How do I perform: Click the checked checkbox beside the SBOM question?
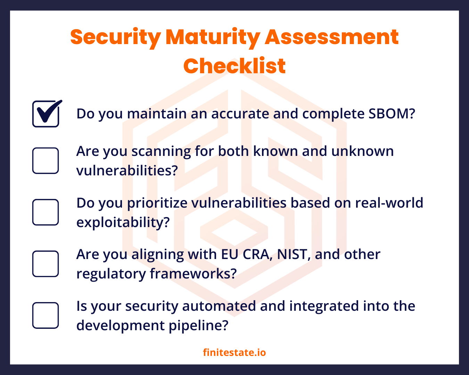46,114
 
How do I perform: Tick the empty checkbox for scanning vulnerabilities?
46,160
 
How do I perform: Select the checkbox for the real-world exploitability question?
46,212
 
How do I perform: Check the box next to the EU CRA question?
46,264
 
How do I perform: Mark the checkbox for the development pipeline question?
46,315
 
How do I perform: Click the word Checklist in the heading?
234,66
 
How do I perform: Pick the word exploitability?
123,222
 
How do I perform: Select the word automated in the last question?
219,306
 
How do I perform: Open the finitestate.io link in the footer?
234,352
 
